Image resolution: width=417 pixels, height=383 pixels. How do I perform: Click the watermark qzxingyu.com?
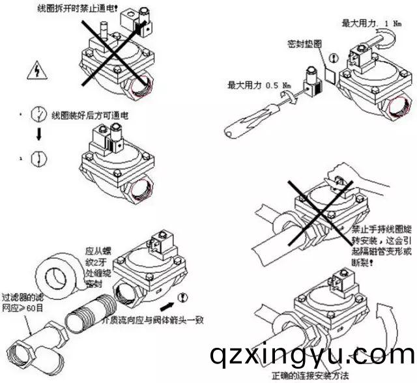coord(311,355)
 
